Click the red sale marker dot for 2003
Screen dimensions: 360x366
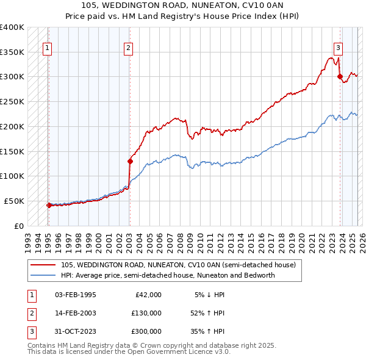point(130,162)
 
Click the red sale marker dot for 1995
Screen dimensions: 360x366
point(48,205)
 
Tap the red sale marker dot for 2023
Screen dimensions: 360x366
point(339,76)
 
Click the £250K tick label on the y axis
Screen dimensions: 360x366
point(13,101)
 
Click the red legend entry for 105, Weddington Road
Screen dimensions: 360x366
point(178,265)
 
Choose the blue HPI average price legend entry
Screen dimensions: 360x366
point(168,275)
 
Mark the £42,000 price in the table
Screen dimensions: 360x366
point(148,294)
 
